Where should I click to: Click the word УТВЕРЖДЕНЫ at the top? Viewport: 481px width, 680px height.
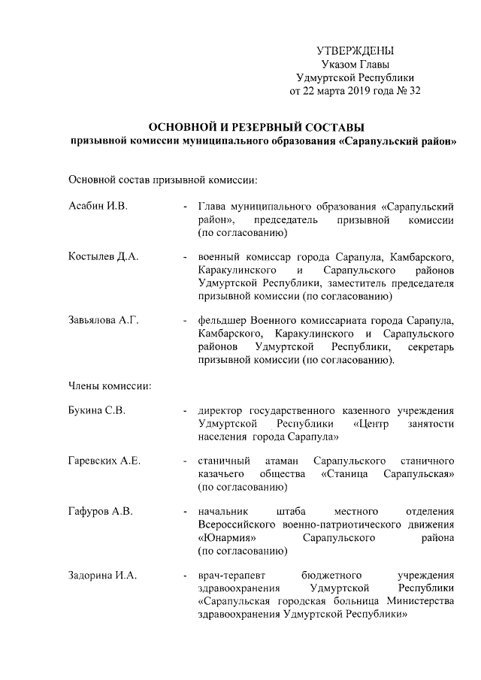(355, 51)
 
